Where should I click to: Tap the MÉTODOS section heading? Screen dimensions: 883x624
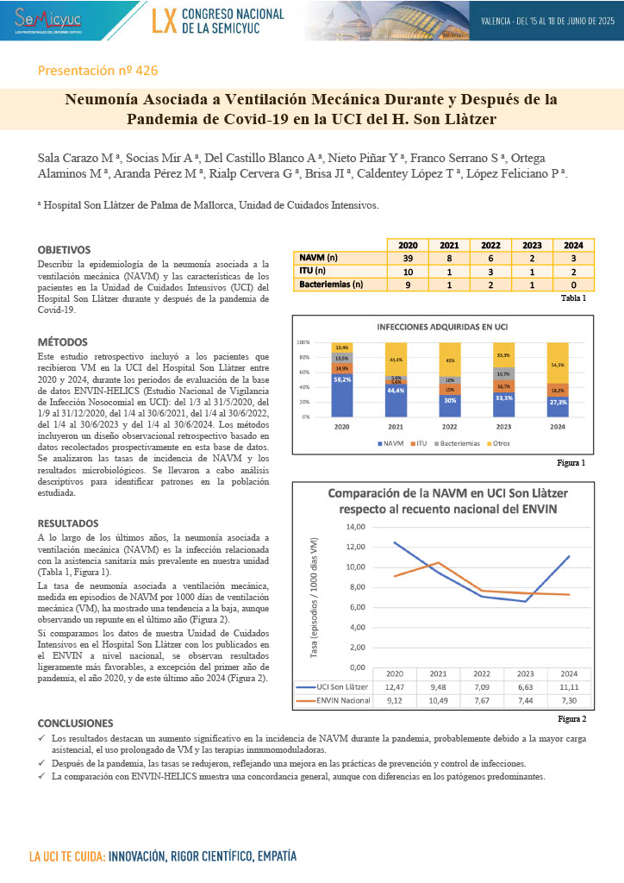63,342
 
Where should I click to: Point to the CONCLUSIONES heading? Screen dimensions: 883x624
76,722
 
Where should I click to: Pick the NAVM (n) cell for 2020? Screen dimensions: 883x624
408,258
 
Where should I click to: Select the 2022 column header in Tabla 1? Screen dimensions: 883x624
490,245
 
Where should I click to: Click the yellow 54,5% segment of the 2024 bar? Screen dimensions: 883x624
557,364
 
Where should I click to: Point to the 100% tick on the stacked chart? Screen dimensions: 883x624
303,342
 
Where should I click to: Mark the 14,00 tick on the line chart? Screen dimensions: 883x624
353,527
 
